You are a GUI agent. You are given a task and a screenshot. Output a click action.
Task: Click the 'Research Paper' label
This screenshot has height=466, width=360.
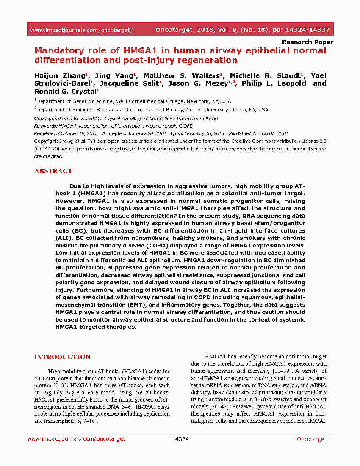[x=307, y=42]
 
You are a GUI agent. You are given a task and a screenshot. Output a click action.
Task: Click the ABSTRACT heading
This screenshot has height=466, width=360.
[x=53, y=171]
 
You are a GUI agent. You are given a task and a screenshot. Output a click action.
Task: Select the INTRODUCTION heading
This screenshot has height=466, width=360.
[x=62, y=357]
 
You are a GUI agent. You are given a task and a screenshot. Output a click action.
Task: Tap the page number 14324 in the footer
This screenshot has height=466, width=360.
[x=180, y=439]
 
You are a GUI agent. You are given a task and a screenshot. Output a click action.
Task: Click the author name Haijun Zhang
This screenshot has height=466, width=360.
[x=60, y=76]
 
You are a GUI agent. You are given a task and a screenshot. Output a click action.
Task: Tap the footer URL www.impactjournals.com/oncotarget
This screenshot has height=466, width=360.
[x=76, y=439]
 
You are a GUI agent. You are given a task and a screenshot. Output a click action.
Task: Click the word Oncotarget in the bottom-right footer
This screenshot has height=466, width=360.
[x=311, y=439]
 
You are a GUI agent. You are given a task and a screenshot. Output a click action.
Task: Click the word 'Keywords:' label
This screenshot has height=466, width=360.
[x=46, y=126]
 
